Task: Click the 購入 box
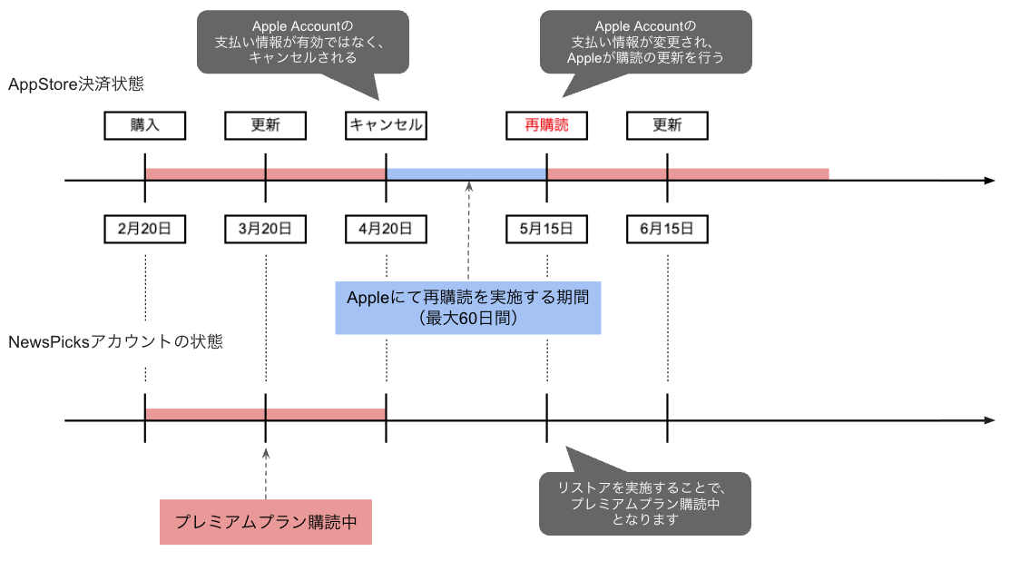(x=145, y=125)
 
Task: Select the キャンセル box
(x=386, y=125)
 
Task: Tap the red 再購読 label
(x=546, y=125)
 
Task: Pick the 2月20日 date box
(x=145, y=229)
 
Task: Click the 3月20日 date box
(x=265, y=229)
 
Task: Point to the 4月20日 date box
(x=386, y=229)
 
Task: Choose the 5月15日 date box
(x=546, y=229)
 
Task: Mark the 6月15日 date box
(x=667, y=229)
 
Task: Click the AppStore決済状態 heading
(x=76, y=84)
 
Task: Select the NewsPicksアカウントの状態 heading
(x=115, y=342)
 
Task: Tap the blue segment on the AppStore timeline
(x=466, y=173)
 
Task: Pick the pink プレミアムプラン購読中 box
(x=265, y=522)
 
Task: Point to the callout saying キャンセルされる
(x=302, y=42)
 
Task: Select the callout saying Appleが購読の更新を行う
(x=645, y=42)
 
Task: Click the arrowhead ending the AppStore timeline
(x=990, y=181)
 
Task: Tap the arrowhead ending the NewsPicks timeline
(x=990, y=420)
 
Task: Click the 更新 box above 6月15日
(x=667, y=125)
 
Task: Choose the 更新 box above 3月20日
(x=265, y=125)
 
